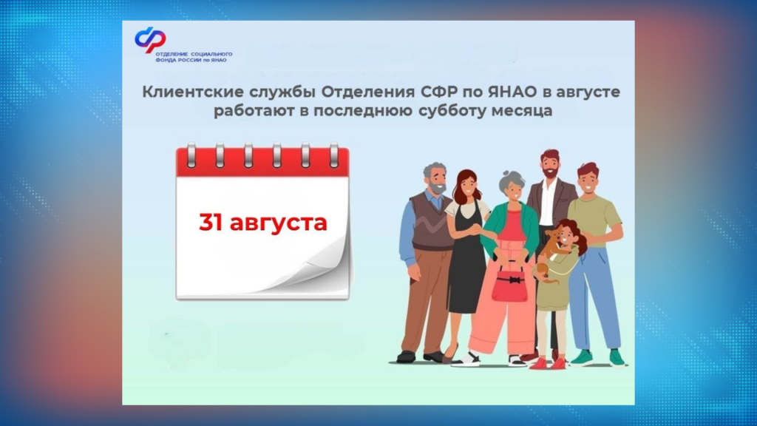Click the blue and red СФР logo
(x=150, y=39)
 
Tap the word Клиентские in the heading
(x=185, y=94)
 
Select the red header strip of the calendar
(x=262, y=162)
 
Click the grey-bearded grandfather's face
(x=436, y=180)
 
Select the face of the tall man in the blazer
(x=549, y=165)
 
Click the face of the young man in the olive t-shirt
(x=588, y=180)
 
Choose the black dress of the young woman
(x=467, y=266)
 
